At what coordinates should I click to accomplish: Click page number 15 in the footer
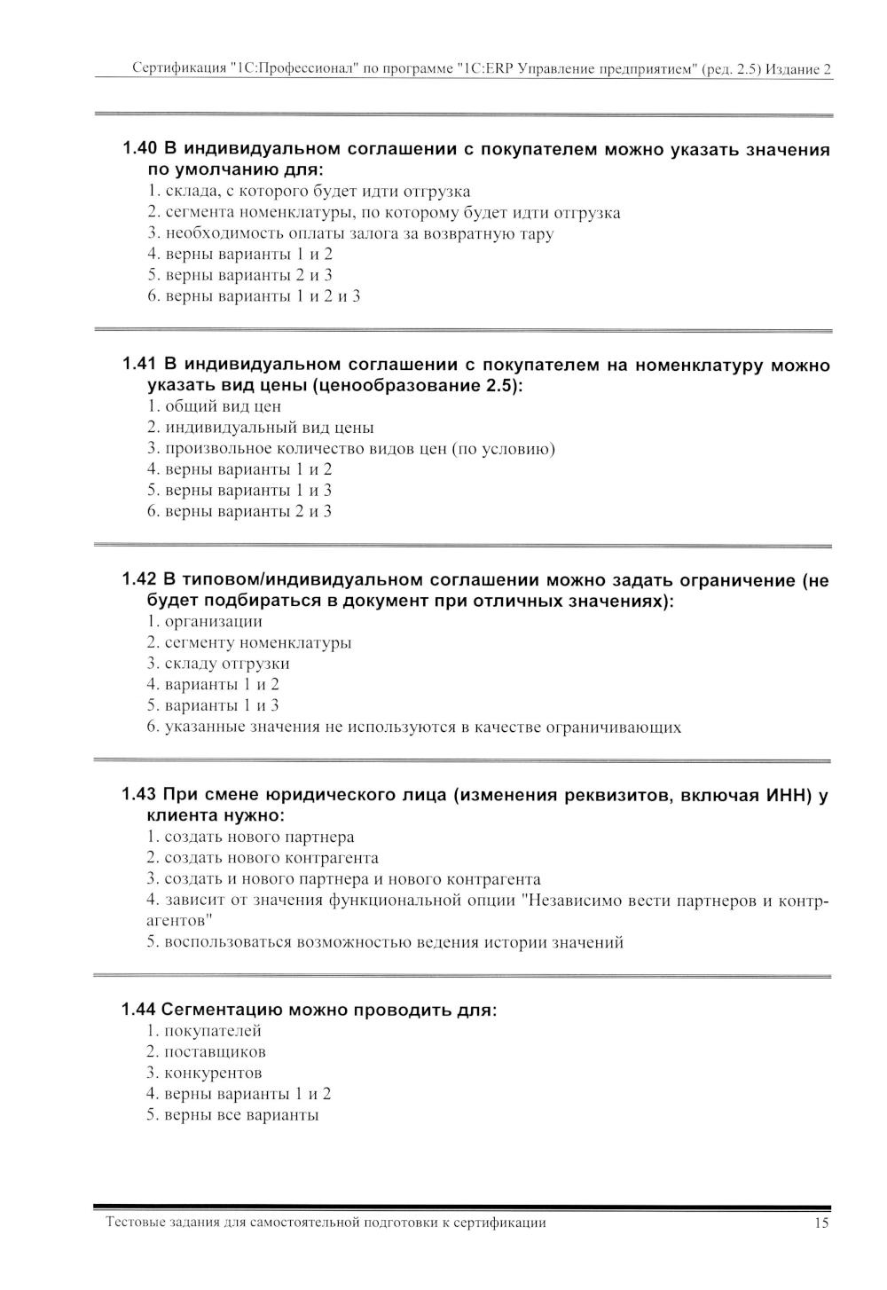821,1223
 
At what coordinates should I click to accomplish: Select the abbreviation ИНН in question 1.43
786,795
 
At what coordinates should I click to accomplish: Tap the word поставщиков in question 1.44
216,1052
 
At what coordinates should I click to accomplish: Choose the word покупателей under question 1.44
213,1031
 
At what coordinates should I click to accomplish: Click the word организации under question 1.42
214,621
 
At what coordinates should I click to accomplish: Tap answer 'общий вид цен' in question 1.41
223,406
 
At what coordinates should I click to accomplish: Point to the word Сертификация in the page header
176,69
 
